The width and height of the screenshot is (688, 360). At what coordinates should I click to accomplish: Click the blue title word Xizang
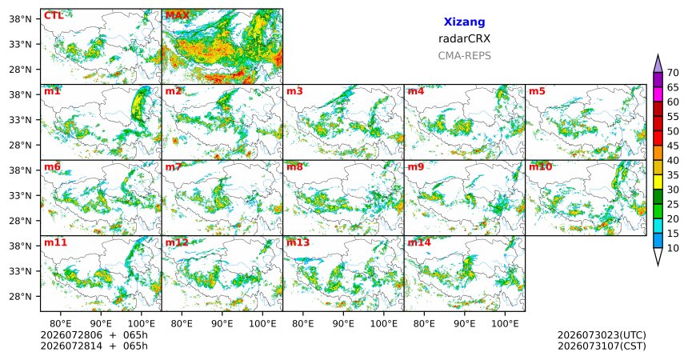coord(464,22)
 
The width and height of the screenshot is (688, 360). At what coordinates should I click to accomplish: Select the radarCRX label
coord(464,38)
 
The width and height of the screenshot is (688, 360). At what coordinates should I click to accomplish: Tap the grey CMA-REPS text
coord(464,56)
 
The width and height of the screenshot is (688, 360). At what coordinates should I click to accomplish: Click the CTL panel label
coord(54,16)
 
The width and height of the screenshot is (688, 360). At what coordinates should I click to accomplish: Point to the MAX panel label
coord(178,16)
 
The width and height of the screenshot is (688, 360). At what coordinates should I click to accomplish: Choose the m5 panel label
coord(537,91)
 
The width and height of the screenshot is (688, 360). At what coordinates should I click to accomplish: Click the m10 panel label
coord(540,167)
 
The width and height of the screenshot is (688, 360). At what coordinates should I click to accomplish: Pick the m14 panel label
coord(419,242)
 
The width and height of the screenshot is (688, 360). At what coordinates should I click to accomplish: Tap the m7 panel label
coord(174,167)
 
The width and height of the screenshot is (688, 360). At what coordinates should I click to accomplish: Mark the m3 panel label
coord(294,91)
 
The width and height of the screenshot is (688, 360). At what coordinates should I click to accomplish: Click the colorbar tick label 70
coord(673,73)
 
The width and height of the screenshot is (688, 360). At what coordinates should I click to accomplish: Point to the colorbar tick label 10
coord(673,248)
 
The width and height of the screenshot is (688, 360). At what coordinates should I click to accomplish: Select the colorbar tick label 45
coord(673,146)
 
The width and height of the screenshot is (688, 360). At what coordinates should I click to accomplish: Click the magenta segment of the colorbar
coord(658,94)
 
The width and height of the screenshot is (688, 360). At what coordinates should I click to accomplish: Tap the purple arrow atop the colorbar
coord(658,63)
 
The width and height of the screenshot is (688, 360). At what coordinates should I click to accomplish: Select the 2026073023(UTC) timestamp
coord(602,335)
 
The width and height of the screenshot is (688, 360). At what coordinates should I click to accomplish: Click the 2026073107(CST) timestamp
coord(602,346)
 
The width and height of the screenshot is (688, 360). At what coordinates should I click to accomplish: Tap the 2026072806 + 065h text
coord(94,335)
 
